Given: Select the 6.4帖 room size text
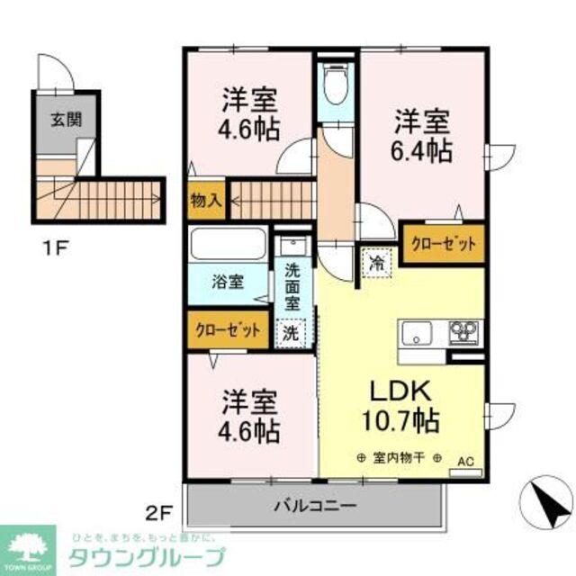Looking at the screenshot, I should pos(420,150).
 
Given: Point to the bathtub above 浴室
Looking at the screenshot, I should pos(227,244).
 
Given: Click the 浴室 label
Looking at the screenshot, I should pos(227,282).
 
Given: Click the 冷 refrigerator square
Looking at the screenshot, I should pos(375,265).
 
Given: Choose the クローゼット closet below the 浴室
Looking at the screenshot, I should pos(229,329).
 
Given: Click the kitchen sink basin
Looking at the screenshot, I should pos(417,335).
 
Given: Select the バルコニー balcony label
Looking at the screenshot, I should pos(315,505).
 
